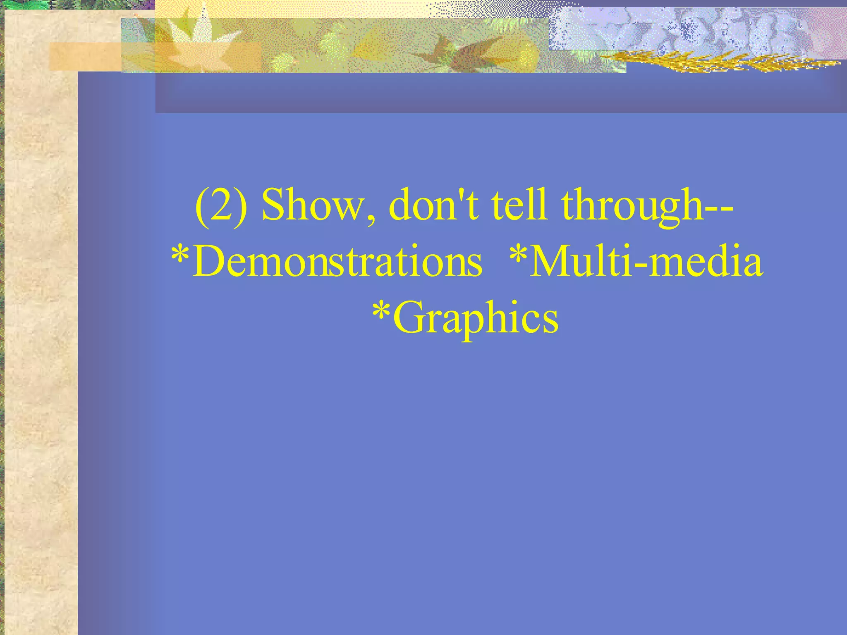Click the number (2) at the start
click(221, 205)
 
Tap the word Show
click(312, 205)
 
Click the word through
click(632, 205)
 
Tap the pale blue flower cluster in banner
click(682, 29)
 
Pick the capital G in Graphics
click(409, 317)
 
